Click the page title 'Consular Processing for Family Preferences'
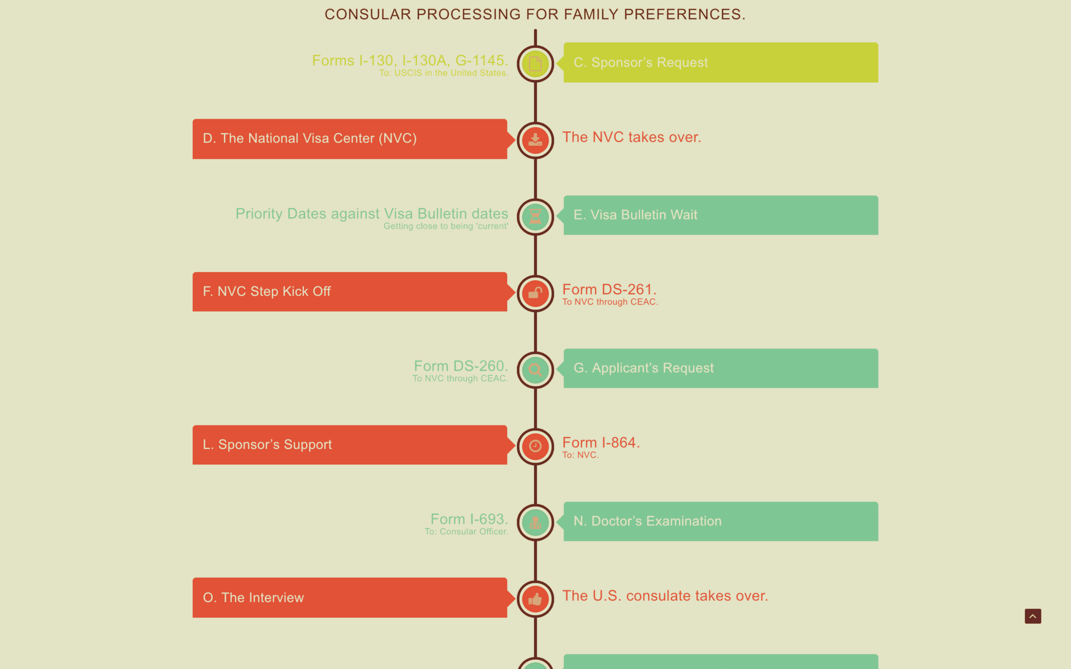[x=535, y=14]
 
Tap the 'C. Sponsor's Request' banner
[x=720, y=62]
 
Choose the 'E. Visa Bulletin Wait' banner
[x=720, y=215]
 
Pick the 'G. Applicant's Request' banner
[x=720, y=368]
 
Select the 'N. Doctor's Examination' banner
[x=720, y=521]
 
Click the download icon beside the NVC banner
[x=535, y=140]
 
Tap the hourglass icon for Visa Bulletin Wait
[x=535, y=217]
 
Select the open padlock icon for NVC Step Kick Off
[x=535, y=293]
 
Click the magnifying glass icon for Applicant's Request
[x=535, y=370]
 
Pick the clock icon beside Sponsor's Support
[x=535, y=446]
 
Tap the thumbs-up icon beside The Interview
[x=535, y=599]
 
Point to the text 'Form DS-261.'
[x=610, y=290]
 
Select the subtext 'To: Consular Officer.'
[x=466, y=531]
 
